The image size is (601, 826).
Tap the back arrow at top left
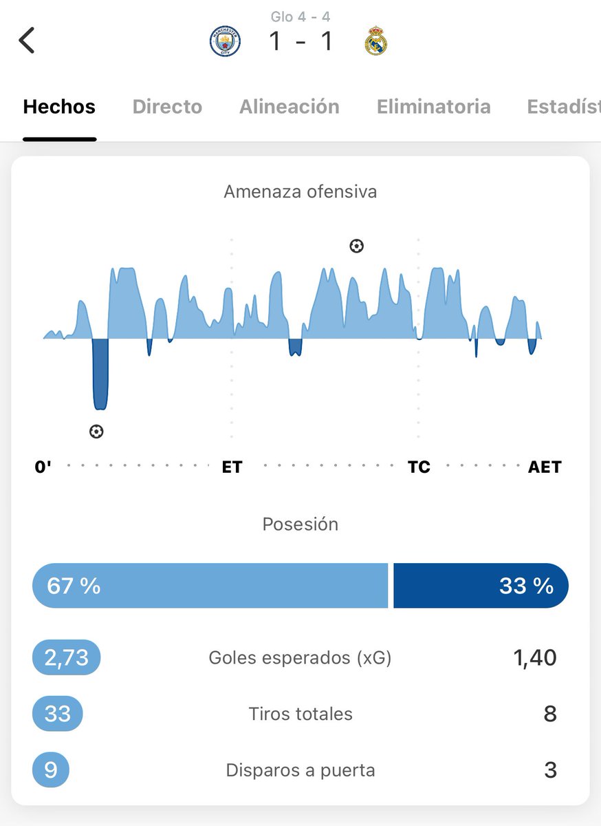[x=27, y=41]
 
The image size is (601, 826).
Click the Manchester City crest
[x=225, y=41]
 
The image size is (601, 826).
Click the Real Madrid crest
[x=375, y=41]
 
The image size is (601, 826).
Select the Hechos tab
[x=59, y=107]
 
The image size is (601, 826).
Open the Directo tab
[x=167, y=107]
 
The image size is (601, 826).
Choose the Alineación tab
[x=289, y=107]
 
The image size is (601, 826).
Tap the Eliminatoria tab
[x=434, y=107]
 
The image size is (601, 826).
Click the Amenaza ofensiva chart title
[x=300, y=191]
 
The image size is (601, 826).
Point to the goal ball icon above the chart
[x=356, y=246]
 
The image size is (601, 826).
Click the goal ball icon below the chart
[x=97, y=432]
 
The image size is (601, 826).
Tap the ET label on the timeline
[x=232, y=467]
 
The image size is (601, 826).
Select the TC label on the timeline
[x=419, y=467]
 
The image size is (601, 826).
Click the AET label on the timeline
[x=545, y=467]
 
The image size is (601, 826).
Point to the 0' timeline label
[x=43, y=467]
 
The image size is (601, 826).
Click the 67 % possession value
[x=74, y=586]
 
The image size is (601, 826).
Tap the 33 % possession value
[x=526, y=586]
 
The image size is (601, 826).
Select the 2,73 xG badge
[x=67, y=657]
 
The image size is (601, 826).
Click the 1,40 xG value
[x=534, y=657]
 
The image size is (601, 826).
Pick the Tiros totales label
[x=300, y=714]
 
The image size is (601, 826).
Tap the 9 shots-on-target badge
[x=51, y=770]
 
